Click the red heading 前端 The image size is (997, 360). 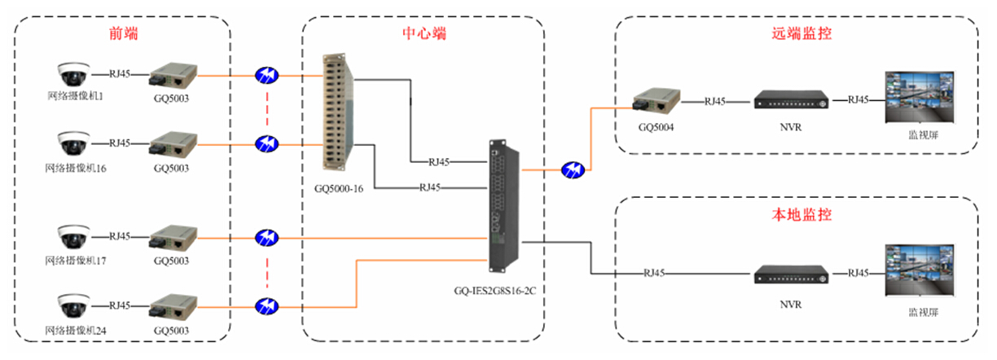(x=123, y=33)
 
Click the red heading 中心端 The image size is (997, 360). (x=424, y=33)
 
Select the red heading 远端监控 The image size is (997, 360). (x=802, y=33)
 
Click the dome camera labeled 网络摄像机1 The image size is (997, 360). (x=72, y=74)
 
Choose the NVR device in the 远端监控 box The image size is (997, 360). (x=789, y=101)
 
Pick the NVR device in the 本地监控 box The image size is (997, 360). (x=789, y=274)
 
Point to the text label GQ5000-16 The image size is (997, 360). (x=338, y=187)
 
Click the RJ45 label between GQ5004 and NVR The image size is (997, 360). (x=715, y=102)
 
